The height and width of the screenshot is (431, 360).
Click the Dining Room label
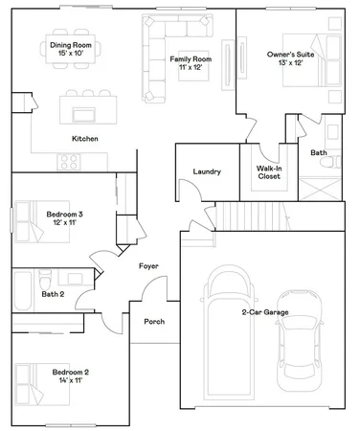(70, 48)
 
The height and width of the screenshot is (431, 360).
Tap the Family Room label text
(191, 63)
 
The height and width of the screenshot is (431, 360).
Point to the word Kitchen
(86, 139)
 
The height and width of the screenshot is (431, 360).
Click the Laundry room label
(207, 171)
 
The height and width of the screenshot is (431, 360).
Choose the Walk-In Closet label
(267, 172)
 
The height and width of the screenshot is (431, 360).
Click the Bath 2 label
(53, 294)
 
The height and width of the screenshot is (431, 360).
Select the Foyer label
(148, 265)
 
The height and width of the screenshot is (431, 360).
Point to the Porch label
(154, 321)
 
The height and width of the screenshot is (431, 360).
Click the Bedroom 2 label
(70, 375)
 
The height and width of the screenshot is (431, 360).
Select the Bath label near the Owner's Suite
(319, 152)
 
